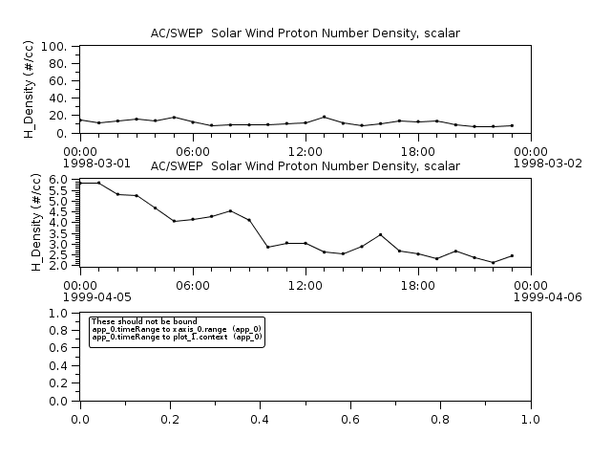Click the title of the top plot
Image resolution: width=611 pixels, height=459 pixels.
(305, 33)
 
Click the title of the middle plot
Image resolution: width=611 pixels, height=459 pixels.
(305, 166)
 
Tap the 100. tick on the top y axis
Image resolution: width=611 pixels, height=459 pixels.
(53, 46)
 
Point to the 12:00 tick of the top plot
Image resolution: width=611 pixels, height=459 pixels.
(305, 151)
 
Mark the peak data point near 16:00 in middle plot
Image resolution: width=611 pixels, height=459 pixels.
(380, 234)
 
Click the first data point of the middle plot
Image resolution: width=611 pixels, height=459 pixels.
(80, 183)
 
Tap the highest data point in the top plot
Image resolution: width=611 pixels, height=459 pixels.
(325, 117)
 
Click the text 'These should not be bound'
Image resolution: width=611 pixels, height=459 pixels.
(143, 321)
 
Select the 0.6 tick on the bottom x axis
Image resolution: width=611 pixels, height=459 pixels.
(350, 419)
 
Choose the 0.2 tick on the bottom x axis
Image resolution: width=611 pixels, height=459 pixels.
(170, 419)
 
